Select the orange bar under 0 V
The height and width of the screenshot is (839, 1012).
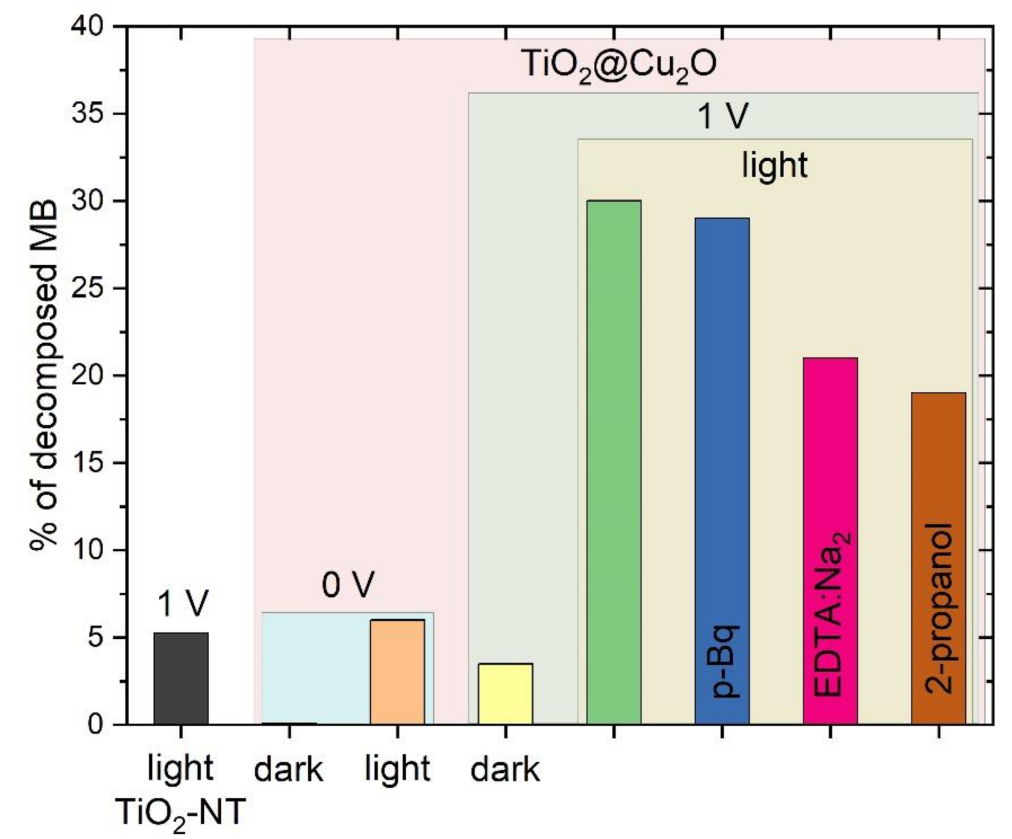[x=397, y=672]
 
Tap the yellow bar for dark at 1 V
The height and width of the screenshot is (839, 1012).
[x=505, y=694]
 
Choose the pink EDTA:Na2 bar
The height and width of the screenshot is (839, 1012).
[x=830, y=541]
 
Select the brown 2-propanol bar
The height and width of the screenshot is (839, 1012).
[x=938, y=558]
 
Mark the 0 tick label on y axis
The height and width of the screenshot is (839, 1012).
[x=96, y=724]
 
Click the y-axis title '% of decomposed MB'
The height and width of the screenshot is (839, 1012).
[x=44, y=375]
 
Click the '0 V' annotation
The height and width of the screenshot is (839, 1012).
[x=348, y=586]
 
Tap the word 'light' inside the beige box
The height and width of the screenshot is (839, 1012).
[x=774, y=165]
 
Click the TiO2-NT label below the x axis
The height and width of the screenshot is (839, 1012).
[x=181, y=812]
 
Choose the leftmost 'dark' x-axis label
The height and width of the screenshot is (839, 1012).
[x=289, y=770]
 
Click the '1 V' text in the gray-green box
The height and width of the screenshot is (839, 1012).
[x=723, y=116]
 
